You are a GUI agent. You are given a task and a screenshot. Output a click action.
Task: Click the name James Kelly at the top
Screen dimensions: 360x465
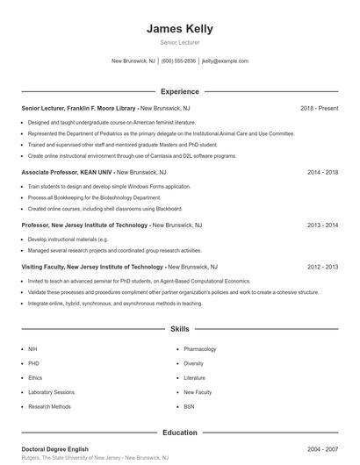pyautogui.click(x=180, y=29)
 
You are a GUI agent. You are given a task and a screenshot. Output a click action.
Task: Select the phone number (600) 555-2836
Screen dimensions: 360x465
pyautogui.click(x=178, y=61)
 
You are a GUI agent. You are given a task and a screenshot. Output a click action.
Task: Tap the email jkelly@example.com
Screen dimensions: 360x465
pyautogui.click(x=225, y=61)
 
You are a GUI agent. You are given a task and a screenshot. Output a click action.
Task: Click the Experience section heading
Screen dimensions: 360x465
pyautogui.click(x=180, y=91)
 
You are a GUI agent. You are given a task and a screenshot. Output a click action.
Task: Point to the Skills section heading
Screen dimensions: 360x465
pyautogui.click(x=180, y=329)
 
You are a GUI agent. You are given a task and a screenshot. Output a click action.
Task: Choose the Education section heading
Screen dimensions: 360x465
pyautogui.click(x=180, y=433)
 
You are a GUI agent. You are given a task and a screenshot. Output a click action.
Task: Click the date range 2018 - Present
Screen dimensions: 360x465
pyautogui.click(x=319, y=108)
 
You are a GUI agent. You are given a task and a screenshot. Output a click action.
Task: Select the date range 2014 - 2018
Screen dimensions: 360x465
pyautogui.click(x=322, y=172)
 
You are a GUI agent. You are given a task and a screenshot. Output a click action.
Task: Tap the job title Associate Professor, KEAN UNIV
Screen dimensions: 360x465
pyautogui.click(x=67, y=172)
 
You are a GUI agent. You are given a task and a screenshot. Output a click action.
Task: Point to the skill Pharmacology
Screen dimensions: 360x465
pyautogui.click(x=199, y=349)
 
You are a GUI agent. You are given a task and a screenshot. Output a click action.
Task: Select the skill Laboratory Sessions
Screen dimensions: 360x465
pyautogui.click(x=51, y=392)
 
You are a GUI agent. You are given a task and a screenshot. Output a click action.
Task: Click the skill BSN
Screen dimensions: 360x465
pyautogui.click(x=189, y=407)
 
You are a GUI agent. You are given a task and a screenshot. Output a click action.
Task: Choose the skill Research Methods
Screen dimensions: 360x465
pyautogui.click(x=49, y=407)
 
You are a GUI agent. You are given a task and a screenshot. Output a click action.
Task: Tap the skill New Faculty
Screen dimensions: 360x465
pyautogui.click(x=198, y=392)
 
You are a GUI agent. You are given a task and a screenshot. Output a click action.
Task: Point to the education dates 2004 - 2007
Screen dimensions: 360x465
pyautogui.click(x=322, y=449)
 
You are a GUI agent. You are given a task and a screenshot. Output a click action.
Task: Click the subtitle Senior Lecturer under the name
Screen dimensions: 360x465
pyautogui.click(x=180, y=42)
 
